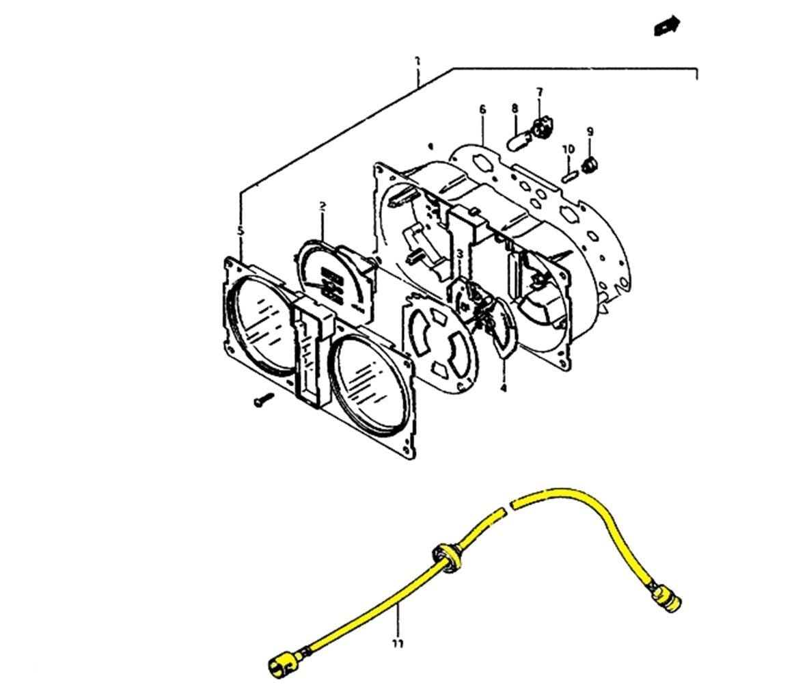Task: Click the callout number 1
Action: click(417, 62)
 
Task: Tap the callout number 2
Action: click(322, 206)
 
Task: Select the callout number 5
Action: click(240, 231)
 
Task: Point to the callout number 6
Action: click(482, 109)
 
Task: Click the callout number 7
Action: click(539, 92)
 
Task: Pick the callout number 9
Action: click(590, 131)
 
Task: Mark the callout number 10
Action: click(568, 149)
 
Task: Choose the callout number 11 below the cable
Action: click(398, 643)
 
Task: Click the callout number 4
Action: click(504, 388)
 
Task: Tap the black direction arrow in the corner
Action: click(666, 25)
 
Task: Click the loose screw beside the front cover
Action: click(262, 400)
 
